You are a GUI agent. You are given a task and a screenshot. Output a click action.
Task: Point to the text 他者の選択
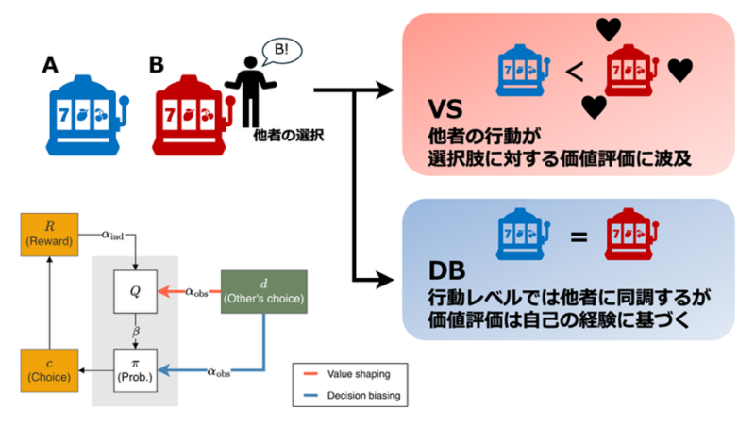tap(288, 135)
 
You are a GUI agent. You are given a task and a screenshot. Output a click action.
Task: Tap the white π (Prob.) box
tap(135, 369)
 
